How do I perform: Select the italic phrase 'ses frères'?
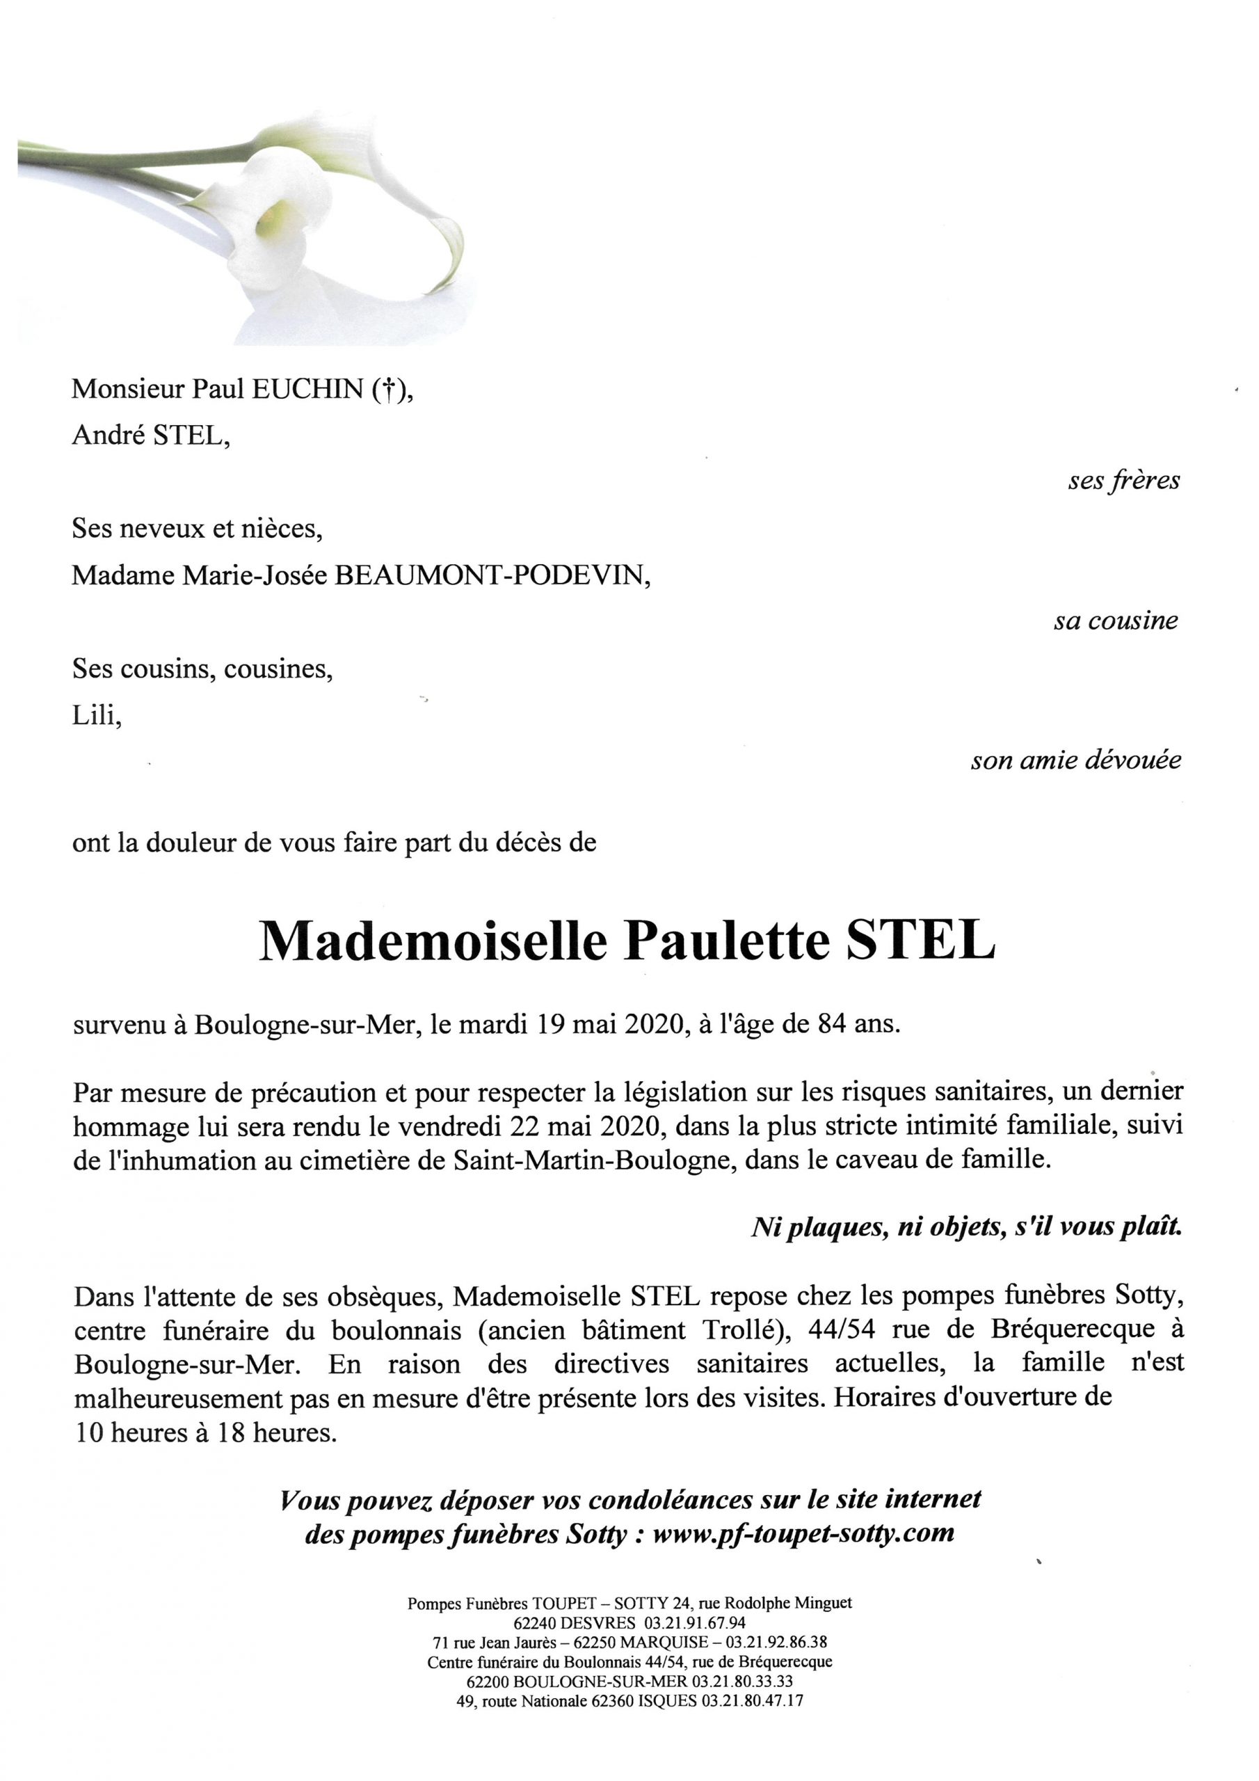click(x=1123, y=481)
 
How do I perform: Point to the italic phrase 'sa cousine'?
click(x=1116, y=621)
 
